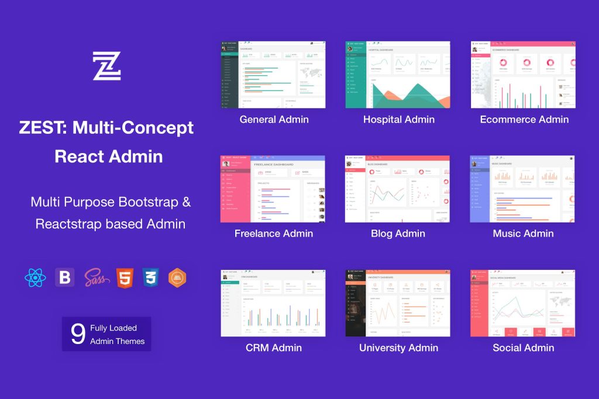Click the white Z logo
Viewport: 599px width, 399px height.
(x=106, y=65)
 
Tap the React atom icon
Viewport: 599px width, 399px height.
(x=35, y=277)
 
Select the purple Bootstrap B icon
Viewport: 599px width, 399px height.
(x=64, y=277)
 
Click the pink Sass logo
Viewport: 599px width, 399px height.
(x=96, y=277)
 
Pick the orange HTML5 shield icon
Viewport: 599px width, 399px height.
(x=125, y=277)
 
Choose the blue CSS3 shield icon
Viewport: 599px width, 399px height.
(x=151, y=277)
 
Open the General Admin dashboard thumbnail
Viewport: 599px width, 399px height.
(x=273, y=75)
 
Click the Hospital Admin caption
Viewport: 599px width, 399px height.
(x=398, y=120)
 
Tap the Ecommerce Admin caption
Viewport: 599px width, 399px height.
(x=524, y=120)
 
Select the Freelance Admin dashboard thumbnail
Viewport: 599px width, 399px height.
(x=273, y=189)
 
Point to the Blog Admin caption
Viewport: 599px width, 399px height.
(x=398, y=234)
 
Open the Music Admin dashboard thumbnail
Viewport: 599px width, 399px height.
(x=523, y=189)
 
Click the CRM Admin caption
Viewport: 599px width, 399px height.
(x=274, y=348)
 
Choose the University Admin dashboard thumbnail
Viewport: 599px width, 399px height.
(x=398, y=303)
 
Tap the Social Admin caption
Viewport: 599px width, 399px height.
(x=523, y=348)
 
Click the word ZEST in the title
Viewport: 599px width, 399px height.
(x=42, y=128)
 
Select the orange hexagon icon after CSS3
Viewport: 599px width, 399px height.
(x=177, y=277)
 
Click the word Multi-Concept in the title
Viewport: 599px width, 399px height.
(x=133, y=128)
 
